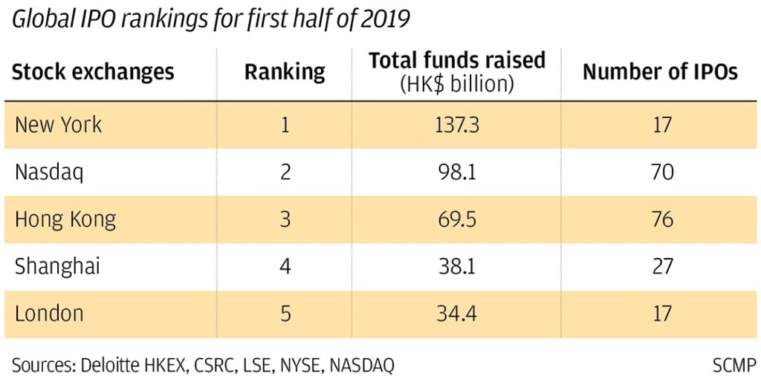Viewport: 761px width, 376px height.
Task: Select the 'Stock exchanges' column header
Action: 93,72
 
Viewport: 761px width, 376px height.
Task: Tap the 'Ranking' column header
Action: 285,72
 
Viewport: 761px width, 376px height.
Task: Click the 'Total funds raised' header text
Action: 456,61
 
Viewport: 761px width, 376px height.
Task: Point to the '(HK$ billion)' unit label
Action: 456,84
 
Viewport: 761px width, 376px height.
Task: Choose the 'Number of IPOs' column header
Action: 659,72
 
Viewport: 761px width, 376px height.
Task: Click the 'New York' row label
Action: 58,124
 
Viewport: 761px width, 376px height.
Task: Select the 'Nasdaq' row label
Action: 49,172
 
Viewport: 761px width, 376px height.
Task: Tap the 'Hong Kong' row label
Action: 65,219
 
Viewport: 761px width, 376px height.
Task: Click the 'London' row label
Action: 49,313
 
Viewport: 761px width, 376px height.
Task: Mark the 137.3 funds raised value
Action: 456,124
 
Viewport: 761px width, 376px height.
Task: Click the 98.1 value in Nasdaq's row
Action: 456,172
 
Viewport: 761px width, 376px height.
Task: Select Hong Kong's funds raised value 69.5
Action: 456,219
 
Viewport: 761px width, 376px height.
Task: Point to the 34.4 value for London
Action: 456,313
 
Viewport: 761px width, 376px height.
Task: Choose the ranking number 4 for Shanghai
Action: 285,266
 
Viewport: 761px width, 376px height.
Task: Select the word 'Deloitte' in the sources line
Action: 100,364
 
